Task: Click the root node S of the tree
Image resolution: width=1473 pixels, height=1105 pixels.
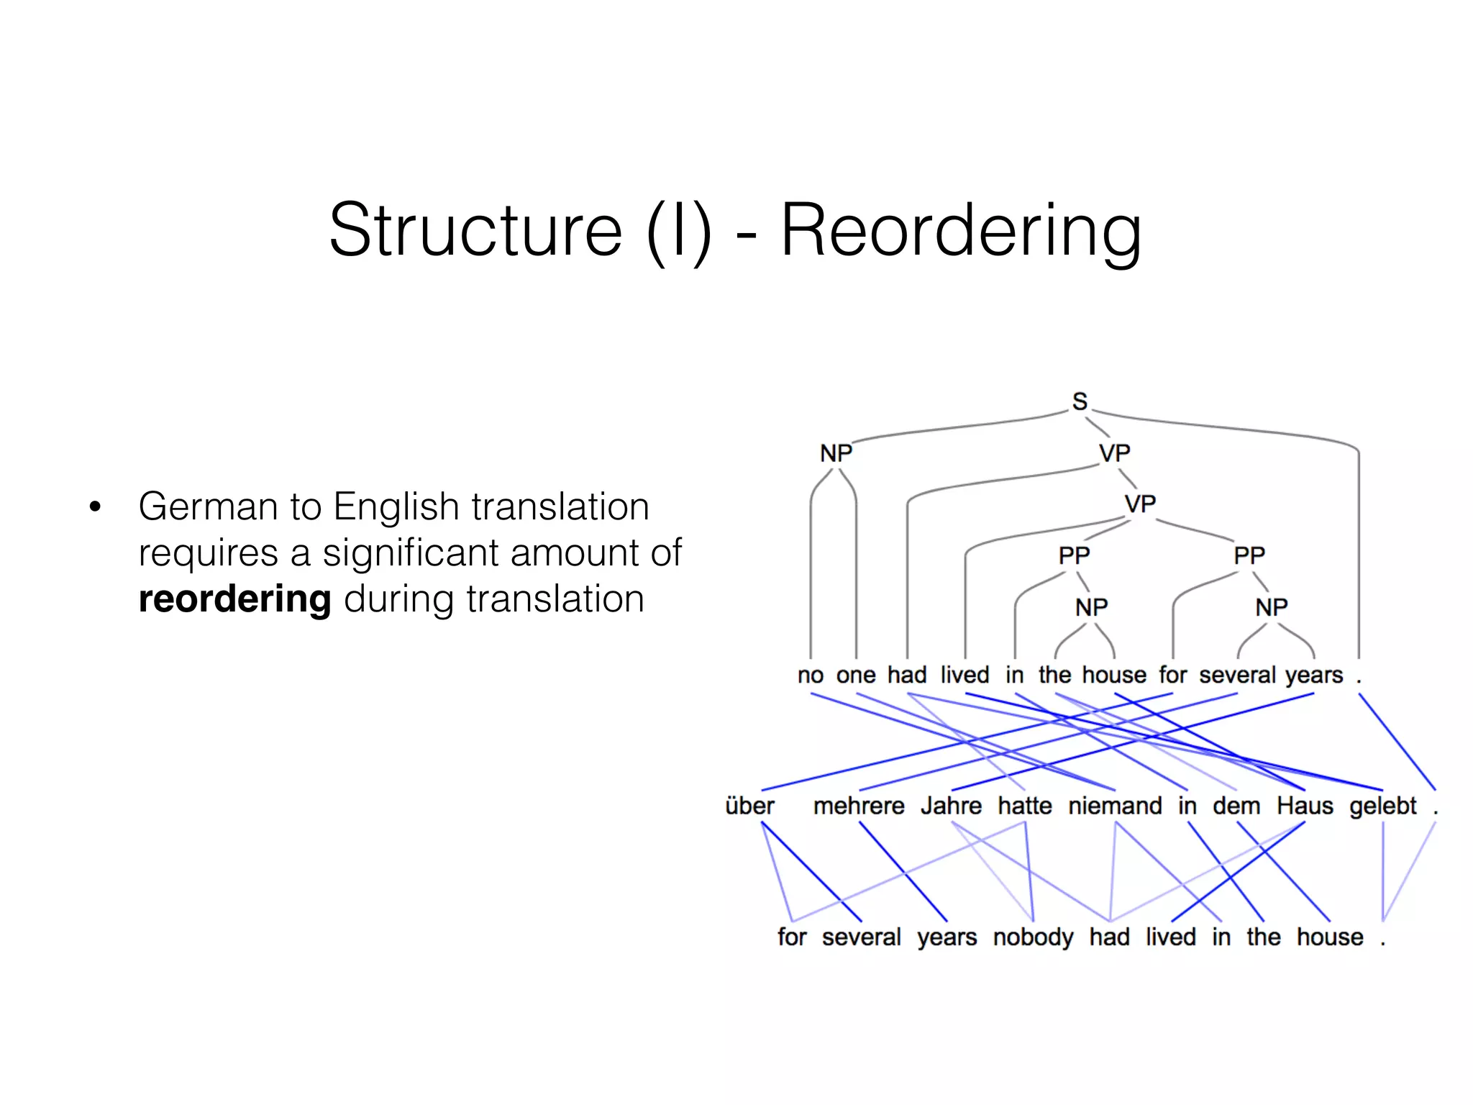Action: pos(1080,401)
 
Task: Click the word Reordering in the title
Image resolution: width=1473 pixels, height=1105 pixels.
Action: pos(961,230)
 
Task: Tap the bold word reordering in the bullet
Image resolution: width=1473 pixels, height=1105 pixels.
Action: pos(234,599)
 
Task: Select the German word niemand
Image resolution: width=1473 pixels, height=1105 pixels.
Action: pos(1115,806)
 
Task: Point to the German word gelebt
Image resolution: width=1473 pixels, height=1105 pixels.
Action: pos(1382,806)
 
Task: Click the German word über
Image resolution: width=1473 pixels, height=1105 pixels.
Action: pos(749,806)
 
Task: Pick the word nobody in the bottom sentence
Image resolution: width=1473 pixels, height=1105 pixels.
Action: pos(1033,937)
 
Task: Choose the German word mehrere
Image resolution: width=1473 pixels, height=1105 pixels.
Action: pos(859,806)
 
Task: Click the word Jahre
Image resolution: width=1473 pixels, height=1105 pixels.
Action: pos(951,806)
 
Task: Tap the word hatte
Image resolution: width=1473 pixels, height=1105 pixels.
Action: pos(1025,806)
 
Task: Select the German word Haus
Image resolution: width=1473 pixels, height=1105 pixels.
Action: pos(1305,806)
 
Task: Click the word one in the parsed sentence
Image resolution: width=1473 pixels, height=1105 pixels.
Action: pos(856,676)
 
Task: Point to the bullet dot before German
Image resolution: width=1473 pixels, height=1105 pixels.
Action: pos(95,507)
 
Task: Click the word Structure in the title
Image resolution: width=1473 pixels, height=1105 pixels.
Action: pos(475,230)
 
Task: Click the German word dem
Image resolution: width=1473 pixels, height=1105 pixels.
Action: pos(1236,806)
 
